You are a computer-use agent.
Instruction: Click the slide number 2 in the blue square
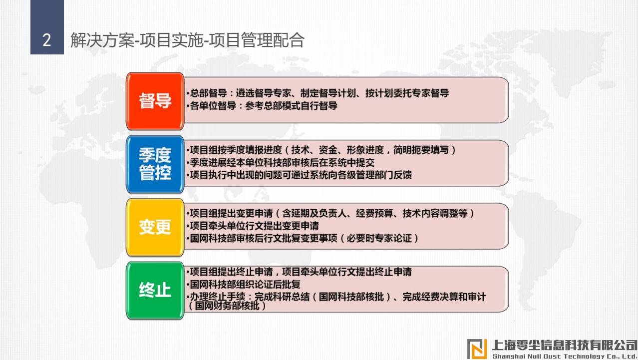[x=47, y=40]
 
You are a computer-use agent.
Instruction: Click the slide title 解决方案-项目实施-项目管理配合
[x=187, y=40]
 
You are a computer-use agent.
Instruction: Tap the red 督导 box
[x=155, y=101]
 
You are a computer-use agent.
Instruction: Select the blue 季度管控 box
[x=155, y=164]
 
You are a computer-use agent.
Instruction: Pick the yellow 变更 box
[x=155, y=227]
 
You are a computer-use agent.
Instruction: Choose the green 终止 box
[x=155, y=290]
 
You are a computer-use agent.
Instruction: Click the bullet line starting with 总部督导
[x=318, y=93]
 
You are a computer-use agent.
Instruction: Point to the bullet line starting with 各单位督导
[x=262, y=106]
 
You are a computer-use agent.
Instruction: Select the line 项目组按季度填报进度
[x=321, y=150]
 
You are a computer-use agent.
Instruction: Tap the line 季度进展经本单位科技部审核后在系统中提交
[x=280, y=163]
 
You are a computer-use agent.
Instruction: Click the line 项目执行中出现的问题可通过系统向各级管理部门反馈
[x=299, y=175]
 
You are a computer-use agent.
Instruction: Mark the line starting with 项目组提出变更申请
[x=330, y=213]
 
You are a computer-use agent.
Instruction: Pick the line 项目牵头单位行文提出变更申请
[x=252, y=226]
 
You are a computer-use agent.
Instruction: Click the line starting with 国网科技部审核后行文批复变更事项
[x=303, y=238]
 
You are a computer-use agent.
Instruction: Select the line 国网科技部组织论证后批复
[x=243, y=284]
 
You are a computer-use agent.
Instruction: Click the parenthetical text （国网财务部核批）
[x=227, y=306]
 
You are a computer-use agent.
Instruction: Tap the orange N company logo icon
[x=477, y=349]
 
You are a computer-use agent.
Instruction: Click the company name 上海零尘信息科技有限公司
[x=565, y=345]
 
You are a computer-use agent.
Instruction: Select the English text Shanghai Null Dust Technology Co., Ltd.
[x=565, y=357]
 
